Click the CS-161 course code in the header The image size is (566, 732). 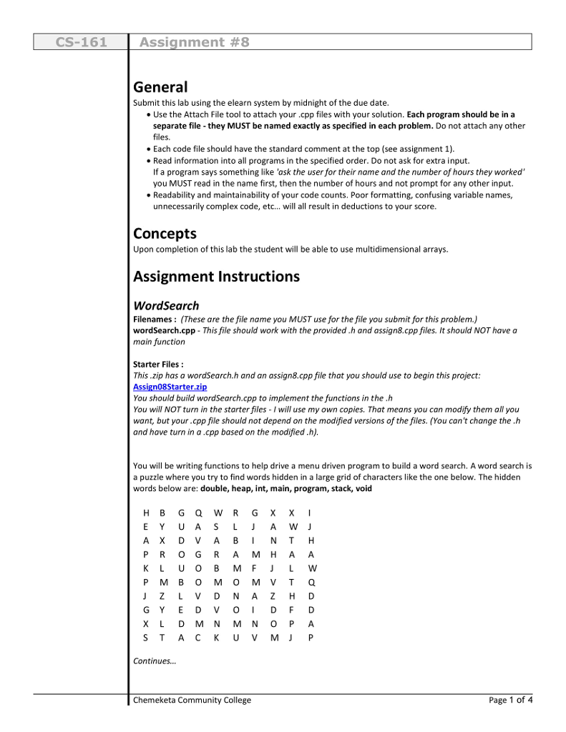(x=81, y=42)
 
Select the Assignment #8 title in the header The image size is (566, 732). (x=194, y=42)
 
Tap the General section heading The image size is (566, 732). (x=160, y=87)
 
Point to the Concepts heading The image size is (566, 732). (x=165, y=234)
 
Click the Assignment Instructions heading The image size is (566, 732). (x=216, y=277)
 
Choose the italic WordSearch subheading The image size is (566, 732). (x=166, y=306)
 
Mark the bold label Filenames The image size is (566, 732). (x=155, y=320)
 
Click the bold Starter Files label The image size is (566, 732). (x=158, y=365)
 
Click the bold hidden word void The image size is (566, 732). (x=363, y=489)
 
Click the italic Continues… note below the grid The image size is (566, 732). (x=155, y=661)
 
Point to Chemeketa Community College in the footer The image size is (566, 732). (x=192, y=701)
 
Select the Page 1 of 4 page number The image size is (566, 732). (x=510, y=701)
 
